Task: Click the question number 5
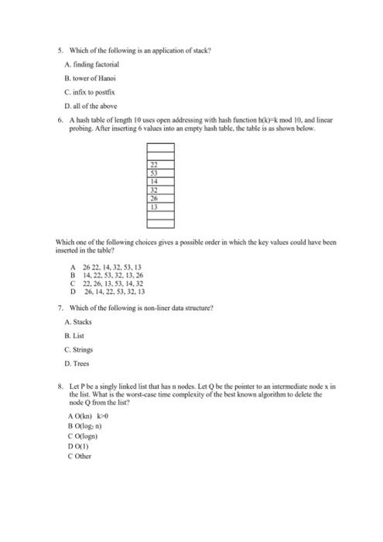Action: tap(60, 50)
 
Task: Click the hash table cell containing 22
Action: tap(155, 165)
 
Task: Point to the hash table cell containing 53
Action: tap(155, 173)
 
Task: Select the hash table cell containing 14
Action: tap(155, 180)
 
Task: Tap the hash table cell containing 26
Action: tap(155, 197)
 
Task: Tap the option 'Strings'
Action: tap(80, 348)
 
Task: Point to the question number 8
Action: tap(60, 385)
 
